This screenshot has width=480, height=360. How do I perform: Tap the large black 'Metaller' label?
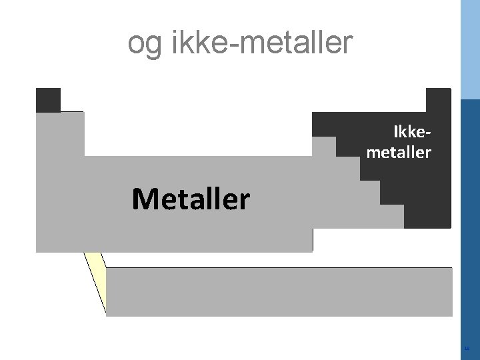pyautogui.click(x=191, y=199)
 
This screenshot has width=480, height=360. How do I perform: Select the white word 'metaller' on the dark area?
pyautogui.click(x=399, y=153)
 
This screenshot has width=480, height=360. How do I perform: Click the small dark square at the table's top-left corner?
pyautogui.click(x=48, y=100)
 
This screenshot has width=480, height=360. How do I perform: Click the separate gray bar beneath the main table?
pyautogui.click(x=279, y=291)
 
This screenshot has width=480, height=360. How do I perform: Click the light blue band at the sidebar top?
pyautogui.click(x=470, y=50)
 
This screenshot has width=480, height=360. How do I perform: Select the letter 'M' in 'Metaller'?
pyautogui.click(x=145, y=199)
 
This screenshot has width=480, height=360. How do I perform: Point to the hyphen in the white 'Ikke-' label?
pyautogui.click(x=429, y=133)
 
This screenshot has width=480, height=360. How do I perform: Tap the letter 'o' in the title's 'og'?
pyautogui.click(x=135, y=45)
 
